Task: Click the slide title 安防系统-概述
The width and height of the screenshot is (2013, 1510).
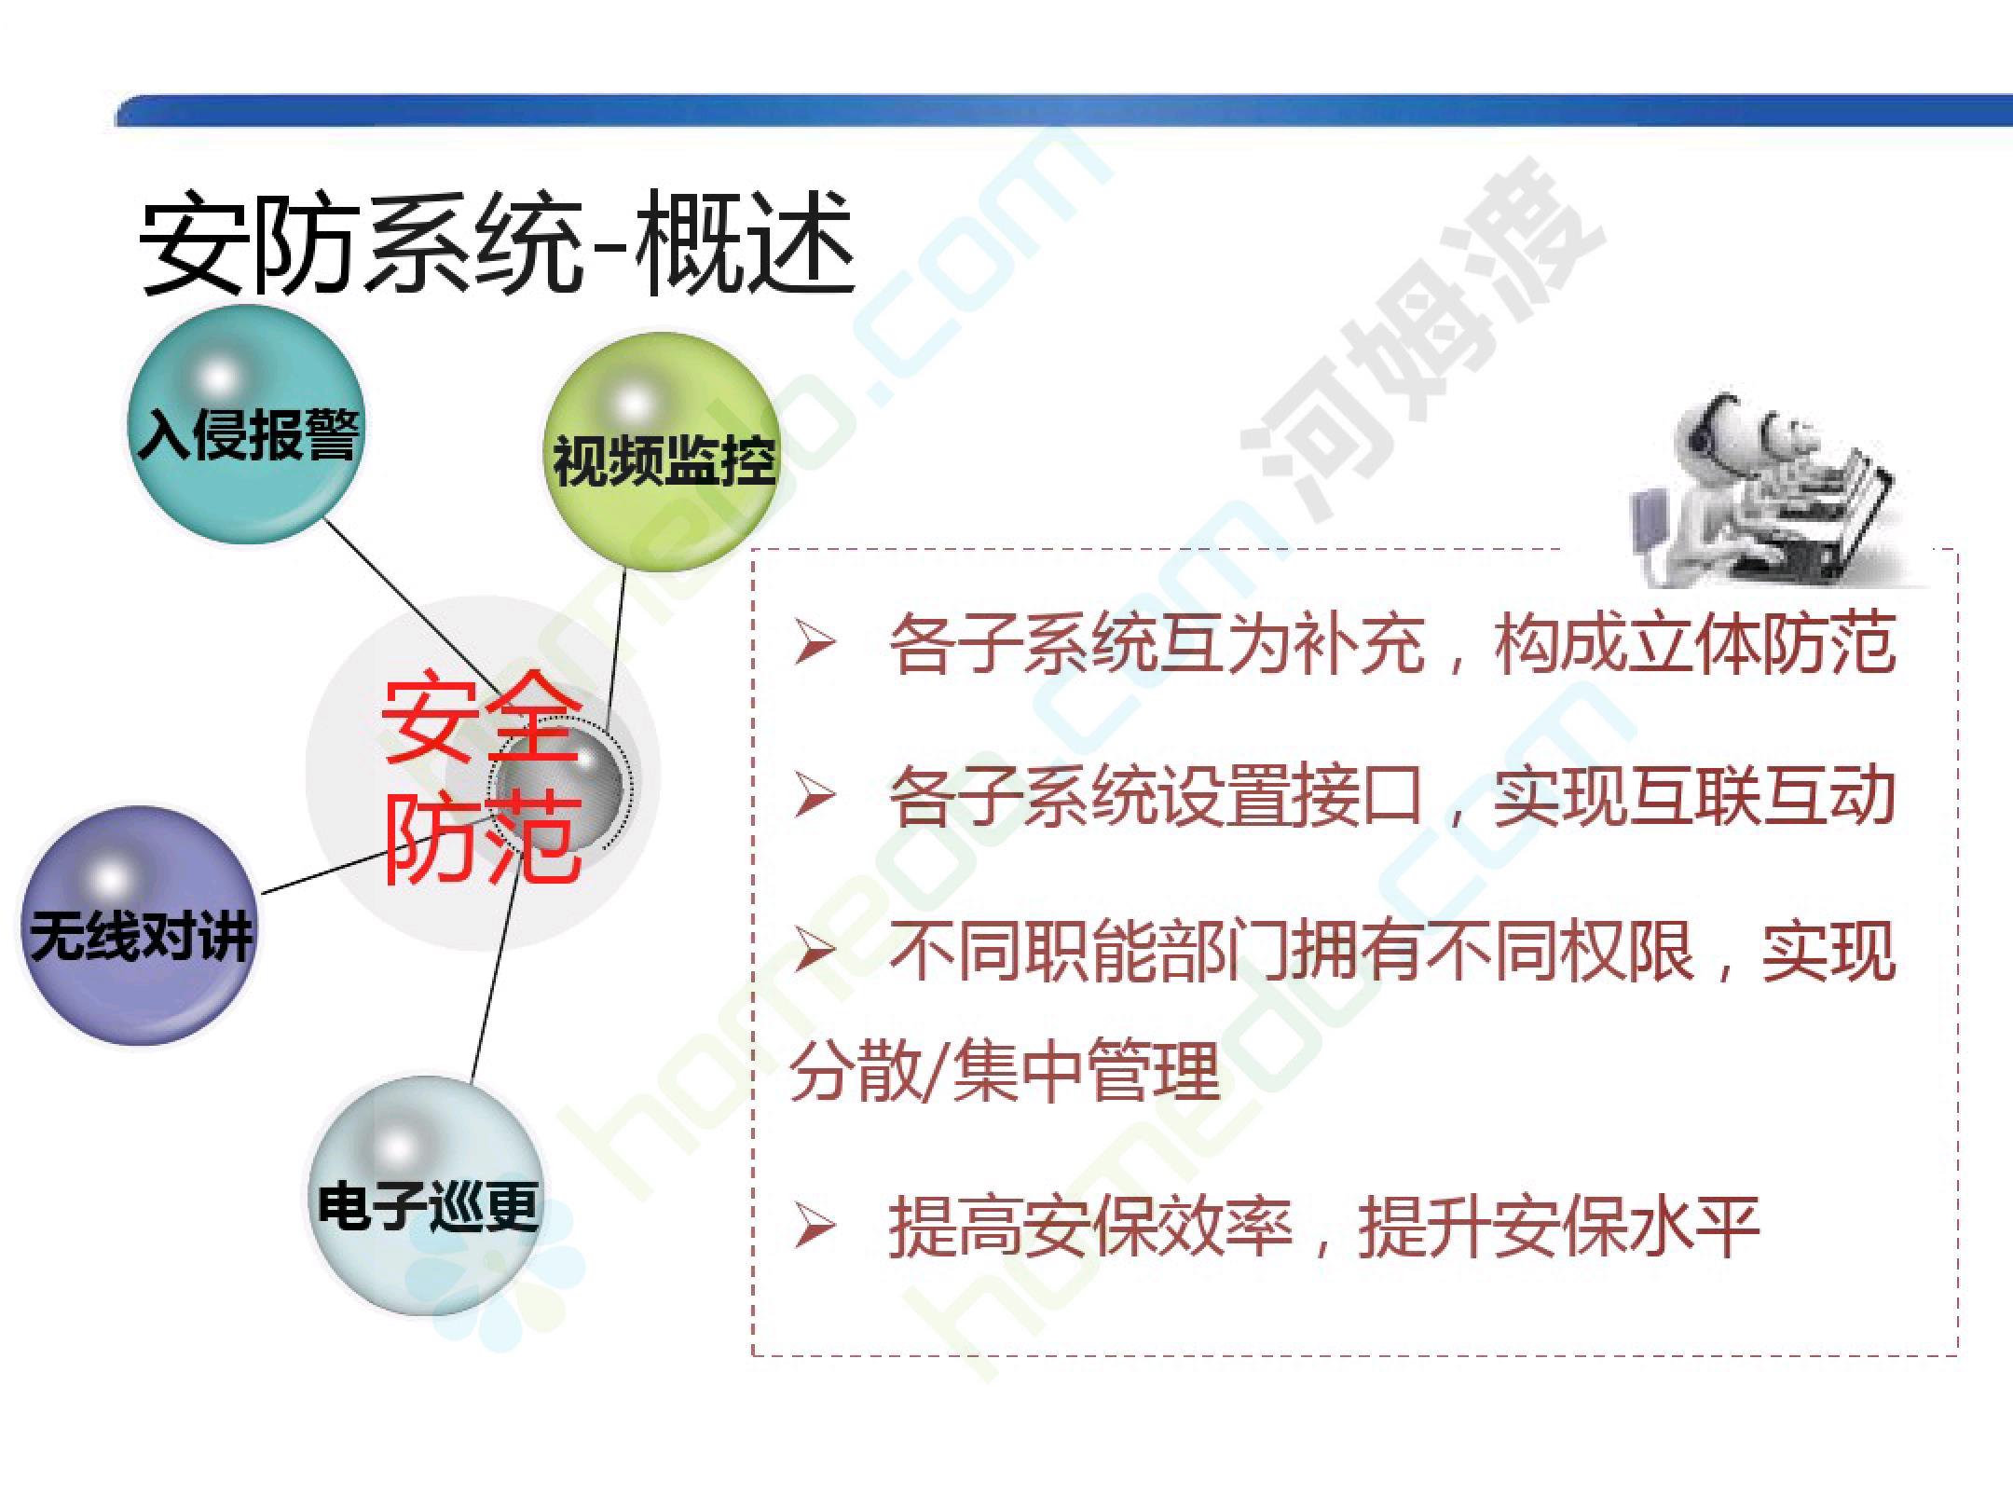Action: pyautogui.click(x=497, y=245)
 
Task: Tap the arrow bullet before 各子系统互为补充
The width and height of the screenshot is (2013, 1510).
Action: pyautogui.click(x=813, y=644)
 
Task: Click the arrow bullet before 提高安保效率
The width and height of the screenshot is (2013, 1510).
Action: pyautogui.click(x=813, y=1226)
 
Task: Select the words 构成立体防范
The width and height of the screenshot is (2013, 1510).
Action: pyautogui.click(x=1695, y=643)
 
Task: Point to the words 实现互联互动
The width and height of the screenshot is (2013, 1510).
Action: pyautogui.click(x=1695, y=796)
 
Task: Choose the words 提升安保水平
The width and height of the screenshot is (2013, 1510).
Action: pyautogui.click(x=1559, y=1227)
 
